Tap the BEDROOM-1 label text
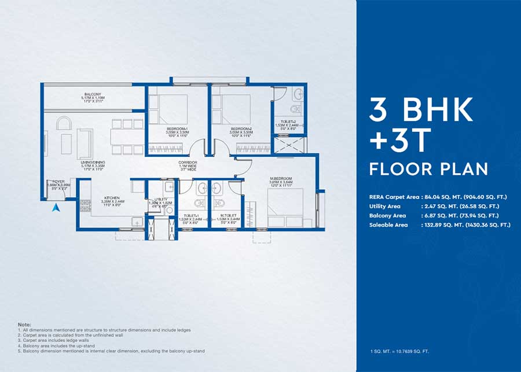(x=177, y=128)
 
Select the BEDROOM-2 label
(x=241, y=128)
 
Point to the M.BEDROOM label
(x=281, y=178)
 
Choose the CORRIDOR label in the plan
(x=188, y=163)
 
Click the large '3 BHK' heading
(x=421, y=110)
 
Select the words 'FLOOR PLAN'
(x=428, y=169)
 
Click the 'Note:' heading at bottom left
(x=24, y=325)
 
